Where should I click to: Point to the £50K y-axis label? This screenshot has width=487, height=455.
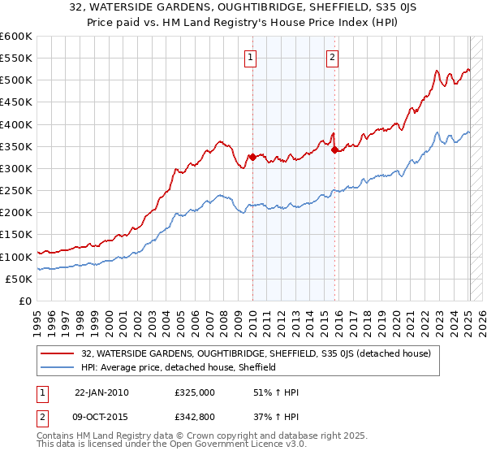pyautogui.click(x=19, y=279)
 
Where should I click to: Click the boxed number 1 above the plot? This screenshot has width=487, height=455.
pyautogui.click(x=252, y=57)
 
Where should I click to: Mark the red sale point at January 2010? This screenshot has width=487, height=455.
pyautogui.click(x=252, y=158)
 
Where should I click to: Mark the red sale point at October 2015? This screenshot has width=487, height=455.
pyautogui.click(x=334, y=149)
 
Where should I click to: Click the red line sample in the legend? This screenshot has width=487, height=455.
pyautogui.click(x=58, y=354)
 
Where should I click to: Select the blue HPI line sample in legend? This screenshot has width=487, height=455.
pyautogui.click(x=58, y=367)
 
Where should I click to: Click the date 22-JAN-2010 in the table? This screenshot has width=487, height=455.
pyautogui.click(x=101, y=392)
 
